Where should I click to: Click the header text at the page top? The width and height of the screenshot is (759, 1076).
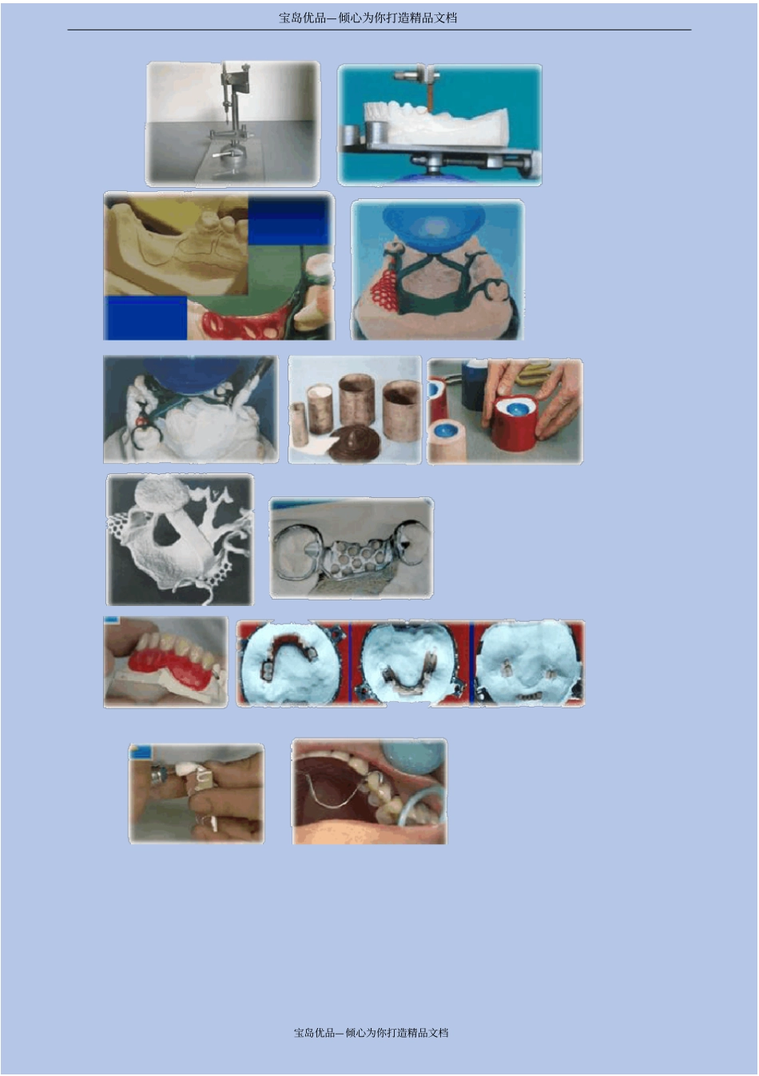pos(368,18)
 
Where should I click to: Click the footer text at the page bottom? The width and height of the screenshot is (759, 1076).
pos(371,1032)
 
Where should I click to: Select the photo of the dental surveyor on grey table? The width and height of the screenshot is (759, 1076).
pos(232,123)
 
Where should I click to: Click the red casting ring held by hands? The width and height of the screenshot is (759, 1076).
pos(513,423)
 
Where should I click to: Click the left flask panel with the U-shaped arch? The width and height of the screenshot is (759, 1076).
pos(293,664)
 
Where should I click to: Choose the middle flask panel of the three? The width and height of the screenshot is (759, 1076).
pos(410,664)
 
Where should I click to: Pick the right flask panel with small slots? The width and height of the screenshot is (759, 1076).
pos(528,664)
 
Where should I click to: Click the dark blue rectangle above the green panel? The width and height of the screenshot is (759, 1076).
pos(288,222)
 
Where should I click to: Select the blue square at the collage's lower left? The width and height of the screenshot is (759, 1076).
pos(145,317)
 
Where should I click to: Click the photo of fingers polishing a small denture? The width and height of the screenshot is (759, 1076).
pos(197,794)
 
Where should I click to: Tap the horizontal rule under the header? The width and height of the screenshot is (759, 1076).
pos(379,30)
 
